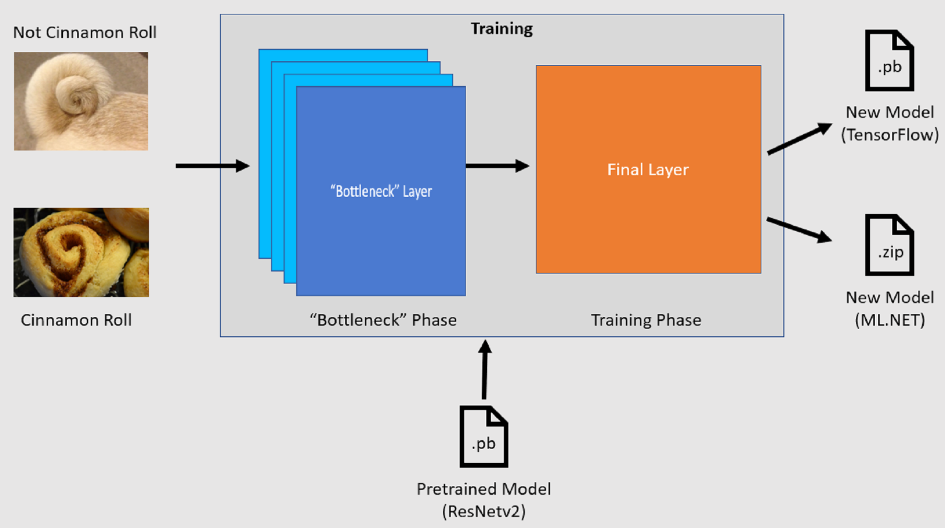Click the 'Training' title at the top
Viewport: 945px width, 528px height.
501,29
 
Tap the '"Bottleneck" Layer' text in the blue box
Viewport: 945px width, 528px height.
381,191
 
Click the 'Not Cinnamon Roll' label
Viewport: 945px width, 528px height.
85,33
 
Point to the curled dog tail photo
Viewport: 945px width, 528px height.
81,101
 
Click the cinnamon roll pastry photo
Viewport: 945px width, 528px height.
81,252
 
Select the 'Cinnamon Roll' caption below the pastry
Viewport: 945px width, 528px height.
76,320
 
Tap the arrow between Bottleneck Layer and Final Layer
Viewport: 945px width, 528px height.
497,166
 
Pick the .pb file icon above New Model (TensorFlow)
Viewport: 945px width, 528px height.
889,61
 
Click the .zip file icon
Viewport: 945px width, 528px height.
889,245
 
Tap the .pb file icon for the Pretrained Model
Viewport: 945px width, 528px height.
484,437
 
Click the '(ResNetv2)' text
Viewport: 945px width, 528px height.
484,511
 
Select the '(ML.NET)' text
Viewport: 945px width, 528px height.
890,320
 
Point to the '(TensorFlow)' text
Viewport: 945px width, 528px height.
890,135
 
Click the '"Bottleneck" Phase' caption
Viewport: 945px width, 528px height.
383,320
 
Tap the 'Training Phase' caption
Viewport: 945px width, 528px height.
646,320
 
